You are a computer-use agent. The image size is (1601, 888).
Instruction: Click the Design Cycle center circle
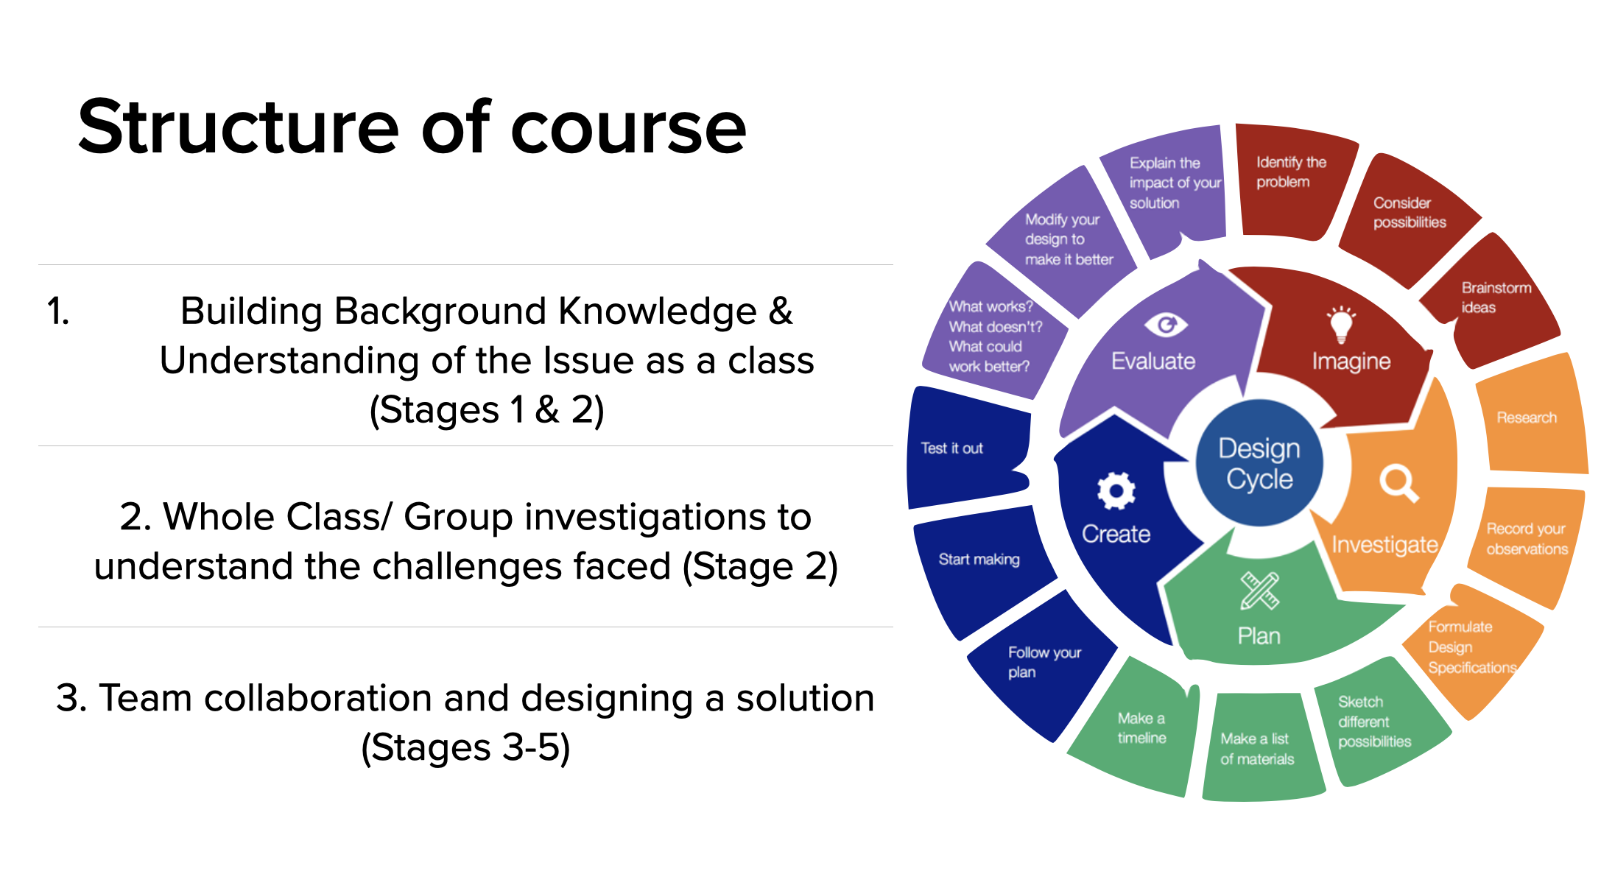coord(1259,463)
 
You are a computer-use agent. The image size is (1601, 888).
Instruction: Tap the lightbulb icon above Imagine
coord(1341,325)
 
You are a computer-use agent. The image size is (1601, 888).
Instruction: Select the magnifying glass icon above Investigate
coord(1398,483)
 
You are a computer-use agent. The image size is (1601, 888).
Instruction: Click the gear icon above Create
coord(1116,490)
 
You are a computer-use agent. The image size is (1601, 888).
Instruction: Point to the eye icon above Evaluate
coord(1165,324)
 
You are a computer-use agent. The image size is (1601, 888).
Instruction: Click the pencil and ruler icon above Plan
coord(1259,591)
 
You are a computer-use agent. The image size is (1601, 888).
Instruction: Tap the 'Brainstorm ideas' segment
coord(1495,302)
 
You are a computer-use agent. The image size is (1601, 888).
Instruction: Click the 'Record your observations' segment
coord(1526,540)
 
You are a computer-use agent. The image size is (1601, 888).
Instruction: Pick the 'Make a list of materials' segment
coord(1257,749)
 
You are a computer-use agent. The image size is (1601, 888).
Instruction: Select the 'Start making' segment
coord(979,560)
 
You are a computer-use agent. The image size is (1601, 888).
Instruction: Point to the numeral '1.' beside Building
coord(57,311)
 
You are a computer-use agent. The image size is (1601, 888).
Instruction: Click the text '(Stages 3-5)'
coord(465,748)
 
